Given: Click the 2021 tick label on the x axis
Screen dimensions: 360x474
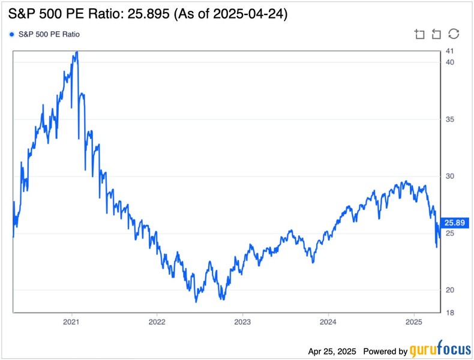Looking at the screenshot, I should point(72,322).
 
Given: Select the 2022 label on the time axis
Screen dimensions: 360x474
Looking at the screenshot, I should point(157,322).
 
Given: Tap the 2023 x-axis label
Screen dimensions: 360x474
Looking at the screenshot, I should point(242,322).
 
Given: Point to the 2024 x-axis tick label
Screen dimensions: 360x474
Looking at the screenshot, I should point(328,322).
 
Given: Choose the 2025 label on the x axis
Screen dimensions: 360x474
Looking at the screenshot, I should point(413,322).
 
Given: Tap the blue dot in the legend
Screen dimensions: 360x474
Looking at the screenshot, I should point(13,34).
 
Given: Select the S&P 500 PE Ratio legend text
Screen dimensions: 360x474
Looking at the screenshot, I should point(50,34).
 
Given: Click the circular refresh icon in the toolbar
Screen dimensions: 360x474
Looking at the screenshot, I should point(454,34).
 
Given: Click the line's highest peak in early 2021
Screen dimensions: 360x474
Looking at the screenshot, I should point(76,52).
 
